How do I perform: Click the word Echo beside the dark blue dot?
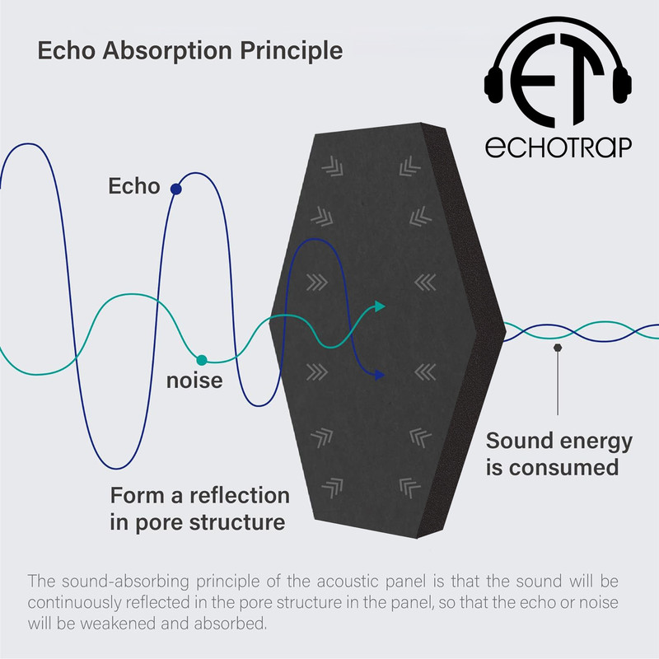(x=134, y=186)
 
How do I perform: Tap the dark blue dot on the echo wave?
(x=176, y=189)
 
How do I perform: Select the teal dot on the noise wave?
(x=202, y=360)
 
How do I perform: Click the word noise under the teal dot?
(x=194, y=381)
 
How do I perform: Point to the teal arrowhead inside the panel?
(x=380, y=306)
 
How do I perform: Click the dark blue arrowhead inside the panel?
(x=380, y=375)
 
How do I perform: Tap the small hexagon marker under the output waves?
(x=558, y=348)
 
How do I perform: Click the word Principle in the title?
(x=292, y=51)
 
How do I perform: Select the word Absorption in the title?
(x=167, y=51)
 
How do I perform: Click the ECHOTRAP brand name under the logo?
(x=559, y=147)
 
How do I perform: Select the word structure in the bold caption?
(x=237, y=522)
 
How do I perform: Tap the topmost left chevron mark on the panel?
(x=333, y=166)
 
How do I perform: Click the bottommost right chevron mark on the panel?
(x=409, y=488)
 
